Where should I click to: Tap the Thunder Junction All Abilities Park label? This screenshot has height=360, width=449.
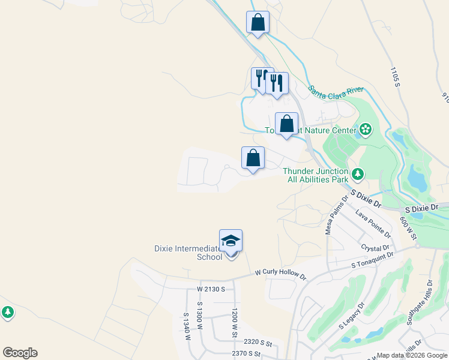point(316,175)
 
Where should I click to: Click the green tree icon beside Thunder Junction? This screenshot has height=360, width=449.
point(358,174)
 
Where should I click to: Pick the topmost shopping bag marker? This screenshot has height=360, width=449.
point(258,23)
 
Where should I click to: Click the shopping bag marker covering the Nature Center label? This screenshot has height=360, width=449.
point(286,124)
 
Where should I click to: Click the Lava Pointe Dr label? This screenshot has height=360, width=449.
point(373,224)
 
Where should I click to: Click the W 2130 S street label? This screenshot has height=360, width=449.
point(211,289)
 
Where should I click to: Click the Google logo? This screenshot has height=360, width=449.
point(20,353)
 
